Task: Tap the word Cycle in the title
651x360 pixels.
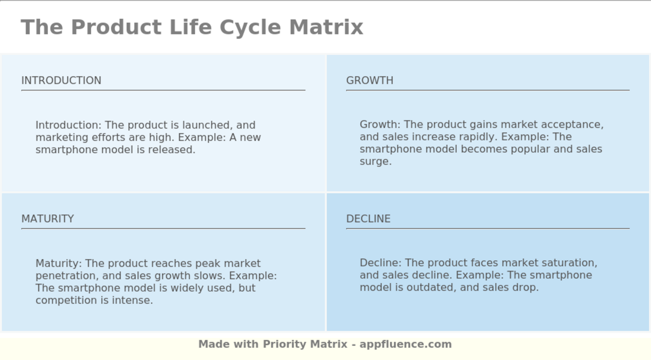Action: (250, 27)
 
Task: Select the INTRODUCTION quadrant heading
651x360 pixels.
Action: (61, 80)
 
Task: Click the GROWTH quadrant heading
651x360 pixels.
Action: (370, 80)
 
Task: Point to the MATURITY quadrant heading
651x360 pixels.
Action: (48, 219)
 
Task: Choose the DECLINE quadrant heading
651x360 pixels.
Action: (368, 219)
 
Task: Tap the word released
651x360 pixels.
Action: (173, 150)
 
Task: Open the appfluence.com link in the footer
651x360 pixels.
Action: (405, 344)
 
